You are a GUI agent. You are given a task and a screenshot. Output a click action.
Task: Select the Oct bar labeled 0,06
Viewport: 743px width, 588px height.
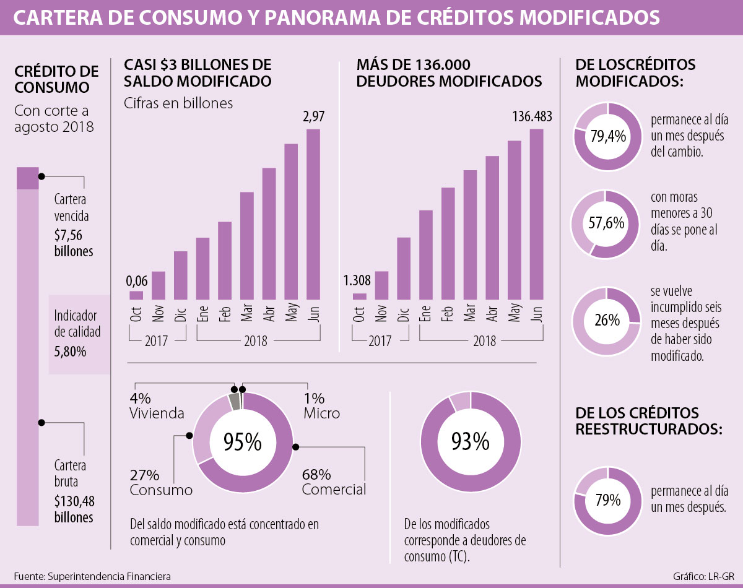pos(136,295)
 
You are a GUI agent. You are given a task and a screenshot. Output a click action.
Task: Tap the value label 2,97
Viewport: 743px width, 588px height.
pos(313,116)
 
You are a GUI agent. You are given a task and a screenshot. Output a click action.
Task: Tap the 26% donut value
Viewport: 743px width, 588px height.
pos(607,321)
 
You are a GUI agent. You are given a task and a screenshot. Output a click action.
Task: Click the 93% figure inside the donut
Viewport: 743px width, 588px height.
pos(470,441)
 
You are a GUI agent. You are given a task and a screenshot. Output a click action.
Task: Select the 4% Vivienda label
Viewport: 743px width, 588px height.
pos(157,405)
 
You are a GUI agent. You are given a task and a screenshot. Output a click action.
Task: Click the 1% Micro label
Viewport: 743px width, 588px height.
pos(321,405)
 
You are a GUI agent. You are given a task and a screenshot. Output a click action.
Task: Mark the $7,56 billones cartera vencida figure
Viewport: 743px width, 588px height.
pos(74,244)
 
